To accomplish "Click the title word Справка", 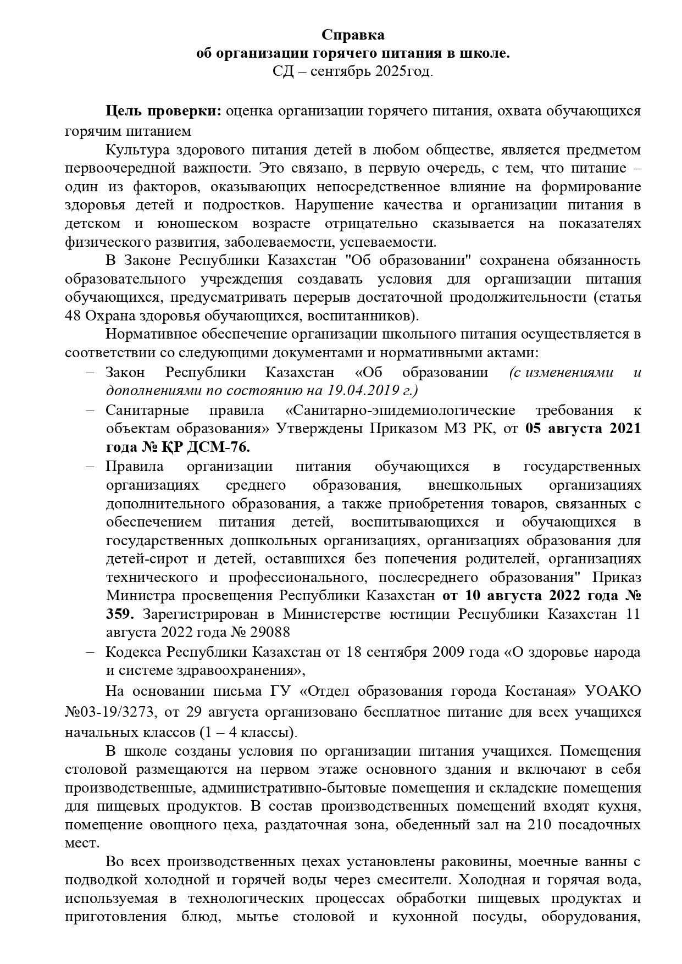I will (x=353, y=35).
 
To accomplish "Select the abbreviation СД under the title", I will (x=282, y=72).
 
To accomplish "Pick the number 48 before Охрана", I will (x=73, y=316).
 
